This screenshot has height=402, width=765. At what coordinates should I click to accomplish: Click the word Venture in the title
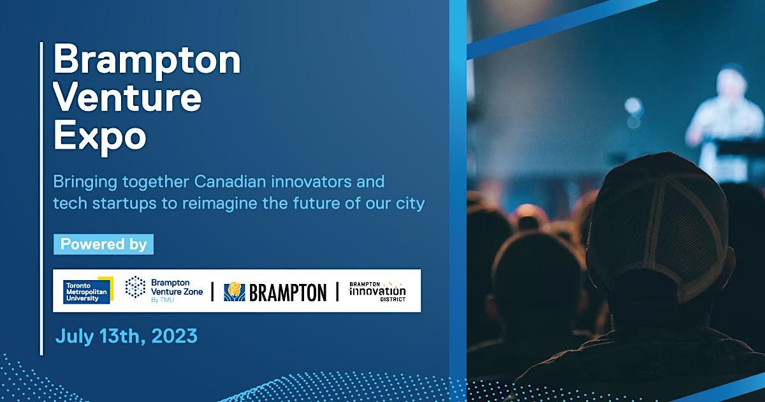[127, 98]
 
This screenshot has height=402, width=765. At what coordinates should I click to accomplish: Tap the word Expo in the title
[99, 137]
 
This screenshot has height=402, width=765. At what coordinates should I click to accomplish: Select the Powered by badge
[103, 244]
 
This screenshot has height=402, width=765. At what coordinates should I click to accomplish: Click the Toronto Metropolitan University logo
[88, 290]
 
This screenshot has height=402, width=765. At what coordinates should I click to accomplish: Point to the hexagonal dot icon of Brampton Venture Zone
[135, 287]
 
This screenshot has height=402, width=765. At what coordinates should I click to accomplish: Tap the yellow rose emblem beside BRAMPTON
[235, 291]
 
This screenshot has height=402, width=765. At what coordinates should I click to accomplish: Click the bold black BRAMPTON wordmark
[288, 293]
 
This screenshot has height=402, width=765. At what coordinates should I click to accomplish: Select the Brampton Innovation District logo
[377, 292]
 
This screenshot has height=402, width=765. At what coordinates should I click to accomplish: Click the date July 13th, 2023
[126, 336]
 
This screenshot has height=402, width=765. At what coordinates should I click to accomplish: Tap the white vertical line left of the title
[41, 198]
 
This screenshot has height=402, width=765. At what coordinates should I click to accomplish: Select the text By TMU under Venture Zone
[163, 300]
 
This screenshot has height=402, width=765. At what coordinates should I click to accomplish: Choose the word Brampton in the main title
[147, 60]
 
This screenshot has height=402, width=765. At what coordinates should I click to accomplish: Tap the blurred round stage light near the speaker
[634, 107]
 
